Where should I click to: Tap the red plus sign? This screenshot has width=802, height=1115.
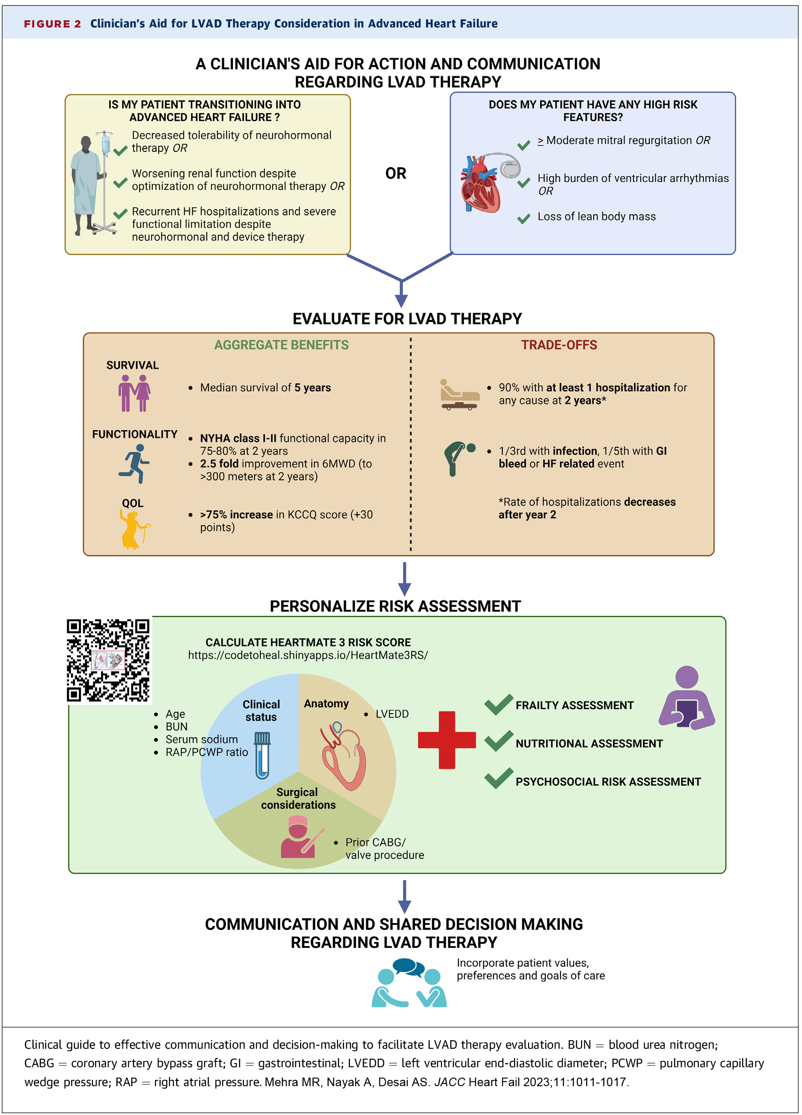pos(447,739)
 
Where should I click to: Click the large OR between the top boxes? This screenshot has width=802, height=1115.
pos(396,173)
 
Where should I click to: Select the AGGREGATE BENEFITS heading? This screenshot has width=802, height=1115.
pos(281,345)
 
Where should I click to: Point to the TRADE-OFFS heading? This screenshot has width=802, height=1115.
pos(559,345)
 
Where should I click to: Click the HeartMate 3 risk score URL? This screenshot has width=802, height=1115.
pos(308,655)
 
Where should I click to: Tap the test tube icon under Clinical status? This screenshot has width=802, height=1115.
pos(262,755)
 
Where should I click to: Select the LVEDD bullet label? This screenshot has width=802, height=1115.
pos(392,714)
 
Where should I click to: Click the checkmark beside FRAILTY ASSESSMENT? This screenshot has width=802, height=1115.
pos(499,705)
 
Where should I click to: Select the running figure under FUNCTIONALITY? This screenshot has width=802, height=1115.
pos(134,463)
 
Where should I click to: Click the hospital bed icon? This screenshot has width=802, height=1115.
pos(459,395)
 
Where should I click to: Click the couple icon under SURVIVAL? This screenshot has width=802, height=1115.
pos(134,393)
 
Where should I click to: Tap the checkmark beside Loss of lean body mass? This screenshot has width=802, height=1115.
pos(524,218)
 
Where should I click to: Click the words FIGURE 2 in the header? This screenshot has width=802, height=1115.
pos(53,24)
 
